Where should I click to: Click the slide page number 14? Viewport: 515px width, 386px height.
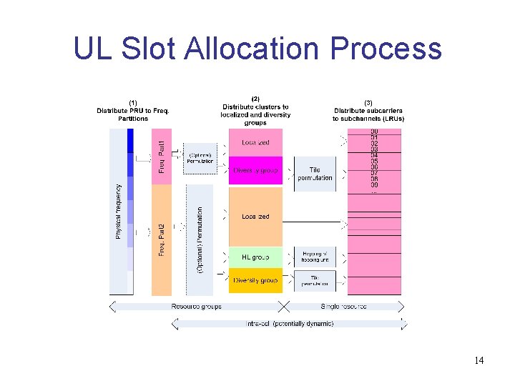(x=479, y=360)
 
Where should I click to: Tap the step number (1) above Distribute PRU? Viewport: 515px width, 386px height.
(x=132, y=102)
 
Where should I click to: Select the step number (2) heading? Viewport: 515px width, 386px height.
(x=256, y=99)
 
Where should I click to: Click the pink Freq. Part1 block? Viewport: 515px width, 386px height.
(x=162, y=157)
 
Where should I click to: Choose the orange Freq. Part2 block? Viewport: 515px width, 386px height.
(x=162, y=239)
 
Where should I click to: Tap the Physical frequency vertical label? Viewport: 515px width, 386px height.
(x=119, y=212)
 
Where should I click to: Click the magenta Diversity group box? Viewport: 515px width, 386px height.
(x=255, y=170)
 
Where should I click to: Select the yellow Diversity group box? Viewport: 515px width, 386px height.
(x=255, y=280)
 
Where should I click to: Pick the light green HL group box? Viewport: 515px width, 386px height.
(x=255, y=257)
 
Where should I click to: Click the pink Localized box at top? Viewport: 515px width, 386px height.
(x=255, y=142)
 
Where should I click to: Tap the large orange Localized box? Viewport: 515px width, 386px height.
(x=255, y=216)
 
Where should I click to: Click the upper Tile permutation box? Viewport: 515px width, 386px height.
(x=315, y=174)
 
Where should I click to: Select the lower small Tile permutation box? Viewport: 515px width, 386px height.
(x=315, y=280)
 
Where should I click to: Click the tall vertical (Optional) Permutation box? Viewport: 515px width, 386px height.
(x=200, y=239)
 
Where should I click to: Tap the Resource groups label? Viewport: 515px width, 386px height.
(x=196, y=307)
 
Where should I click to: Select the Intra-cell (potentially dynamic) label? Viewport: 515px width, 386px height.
(x=289, y=323)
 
